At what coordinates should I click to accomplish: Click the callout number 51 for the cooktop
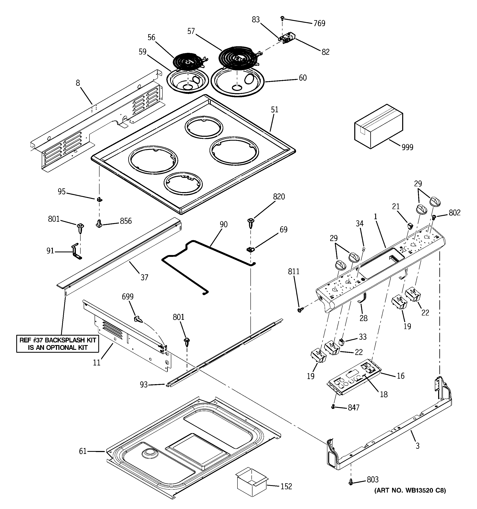[274, 110]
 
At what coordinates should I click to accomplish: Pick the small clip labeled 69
[250, 248]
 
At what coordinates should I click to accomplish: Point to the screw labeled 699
[138, 319]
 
